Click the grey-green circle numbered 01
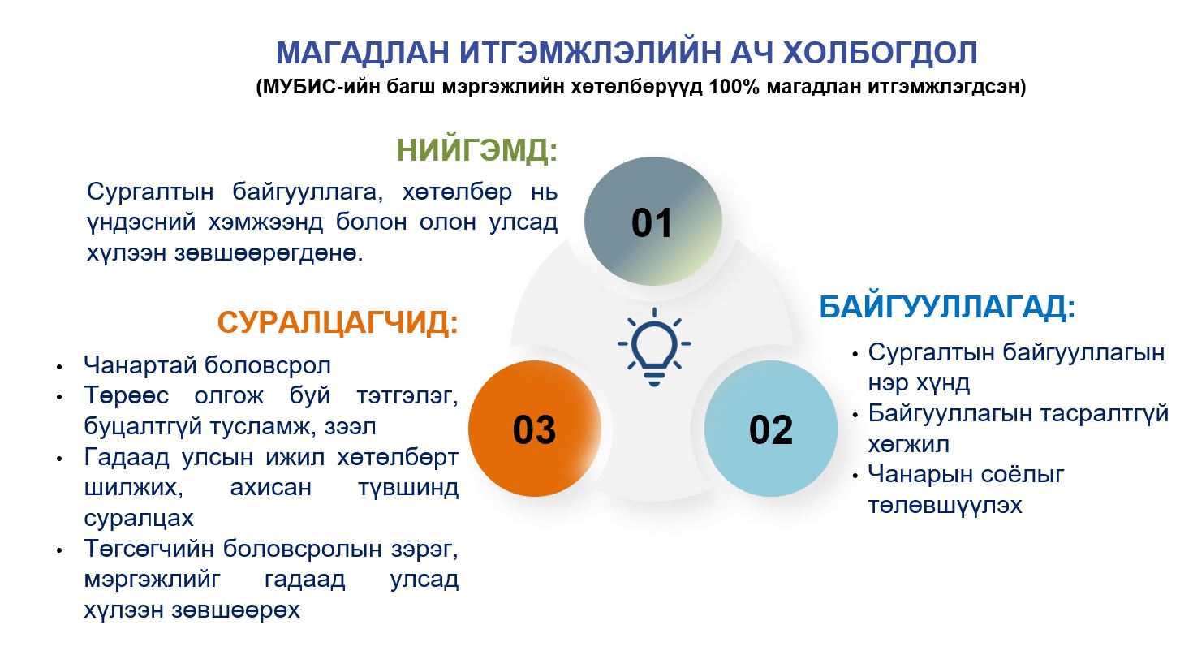click(x=653, y=221)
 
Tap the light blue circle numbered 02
click(x=771, y=429)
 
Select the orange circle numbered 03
click(x=535, y=429)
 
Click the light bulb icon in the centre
click(x=654, y=347)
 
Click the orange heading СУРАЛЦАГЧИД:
click(x=338, y=322)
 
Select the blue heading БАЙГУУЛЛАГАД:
click(x=947, y=307)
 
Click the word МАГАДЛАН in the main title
click(x=362, y=52)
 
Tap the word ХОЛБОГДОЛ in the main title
click(x=879, y=52)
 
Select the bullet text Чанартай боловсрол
click(x=207, y=365)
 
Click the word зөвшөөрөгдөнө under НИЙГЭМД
click(x=269, y=252)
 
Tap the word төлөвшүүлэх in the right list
click(x=945, y=505)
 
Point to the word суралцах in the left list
click(x=139, y=518)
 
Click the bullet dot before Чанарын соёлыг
click(x=855, y=475)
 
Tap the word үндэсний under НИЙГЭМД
click(x=141, y=222)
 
